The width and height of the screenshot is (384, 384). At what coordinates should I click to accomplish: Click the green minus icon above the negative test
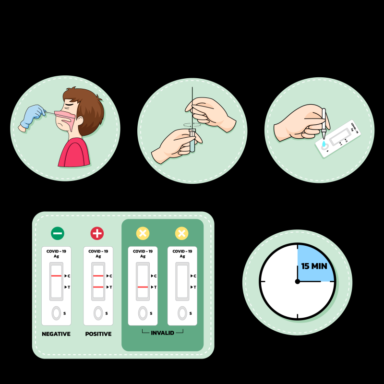(x=58, y=233)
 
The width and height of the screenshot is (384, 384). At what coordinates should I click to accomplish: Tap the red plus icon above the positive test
(x=97, y=233)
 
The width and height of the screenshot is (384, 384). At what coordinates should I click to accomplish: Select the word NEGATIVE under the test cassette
(x=56, y=334)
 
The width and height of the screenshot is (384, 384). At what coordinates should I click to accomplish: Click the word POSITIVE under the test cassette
(x=98, y=334)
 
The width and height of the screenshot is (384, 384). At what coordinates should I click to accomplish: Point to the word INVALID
(x=162, y=333)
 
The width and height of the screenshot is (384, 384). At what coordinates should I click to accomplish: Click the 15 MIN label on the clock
(x=314, y=266)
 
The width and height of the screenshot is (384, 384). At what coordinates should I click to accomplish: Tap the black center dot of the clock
(x=298, y=282)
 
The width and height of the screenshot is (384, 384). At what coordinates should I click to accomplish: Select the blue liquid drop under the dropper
(x=324, y=144)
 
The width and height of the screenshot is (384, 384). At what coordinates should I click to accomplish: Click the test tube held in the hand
(x=192, y=140)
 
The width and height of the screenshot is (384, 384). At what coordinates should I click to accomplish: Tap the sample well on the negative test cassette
(x=56, y=313)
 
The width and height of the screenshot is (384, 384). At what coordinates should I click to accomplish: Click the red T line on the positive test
(x=98, y=287)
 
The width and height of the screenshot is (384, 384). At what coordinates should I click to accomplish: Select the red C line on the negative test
(x=56, y=276)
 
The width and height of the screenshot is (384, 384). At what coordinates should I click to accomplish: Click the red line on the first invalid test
(x=143, y=287)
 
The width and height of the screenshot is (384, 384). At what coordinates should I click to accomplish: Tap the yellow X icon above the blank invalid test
(x=182, y=233)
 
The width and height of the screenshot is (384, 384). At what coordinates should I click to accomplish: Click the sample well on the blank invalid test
(x=182, y=313)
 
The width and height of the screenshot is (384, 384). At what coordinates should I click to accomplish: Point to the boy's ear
(x=80, y=121)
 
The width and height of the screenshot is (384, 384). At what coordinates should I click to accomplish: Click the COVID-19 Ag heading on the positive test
(x=98, y=253)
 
